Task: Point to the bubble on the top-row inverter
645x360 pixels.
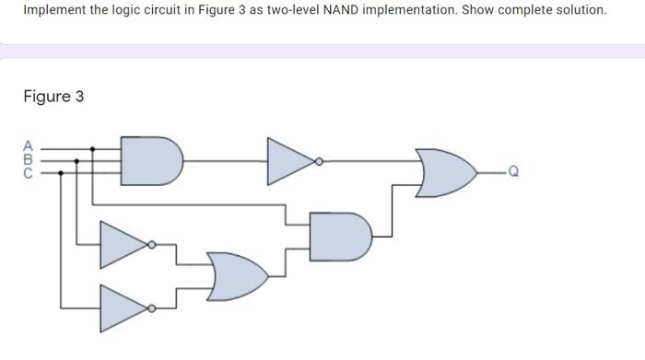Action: click(319, 159)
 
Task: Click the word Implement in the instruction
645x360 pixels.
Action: click(53, 10)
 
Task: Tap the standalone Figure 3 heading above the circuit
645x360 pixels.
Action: click(53, 96)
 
